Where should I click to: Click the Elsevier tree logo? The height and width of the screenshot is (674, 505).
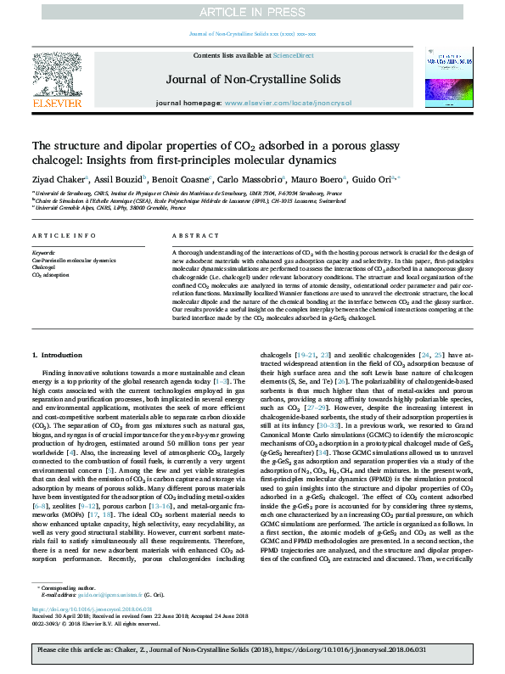coord(58,81)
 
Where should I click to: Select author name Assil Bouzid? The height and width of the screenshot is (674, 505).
coord(117,180)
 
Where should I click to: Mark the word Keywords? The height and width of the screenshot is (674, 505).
coord(43,253)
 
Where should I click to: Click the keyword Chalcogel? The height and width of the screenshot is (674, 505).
coord(45,267)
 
